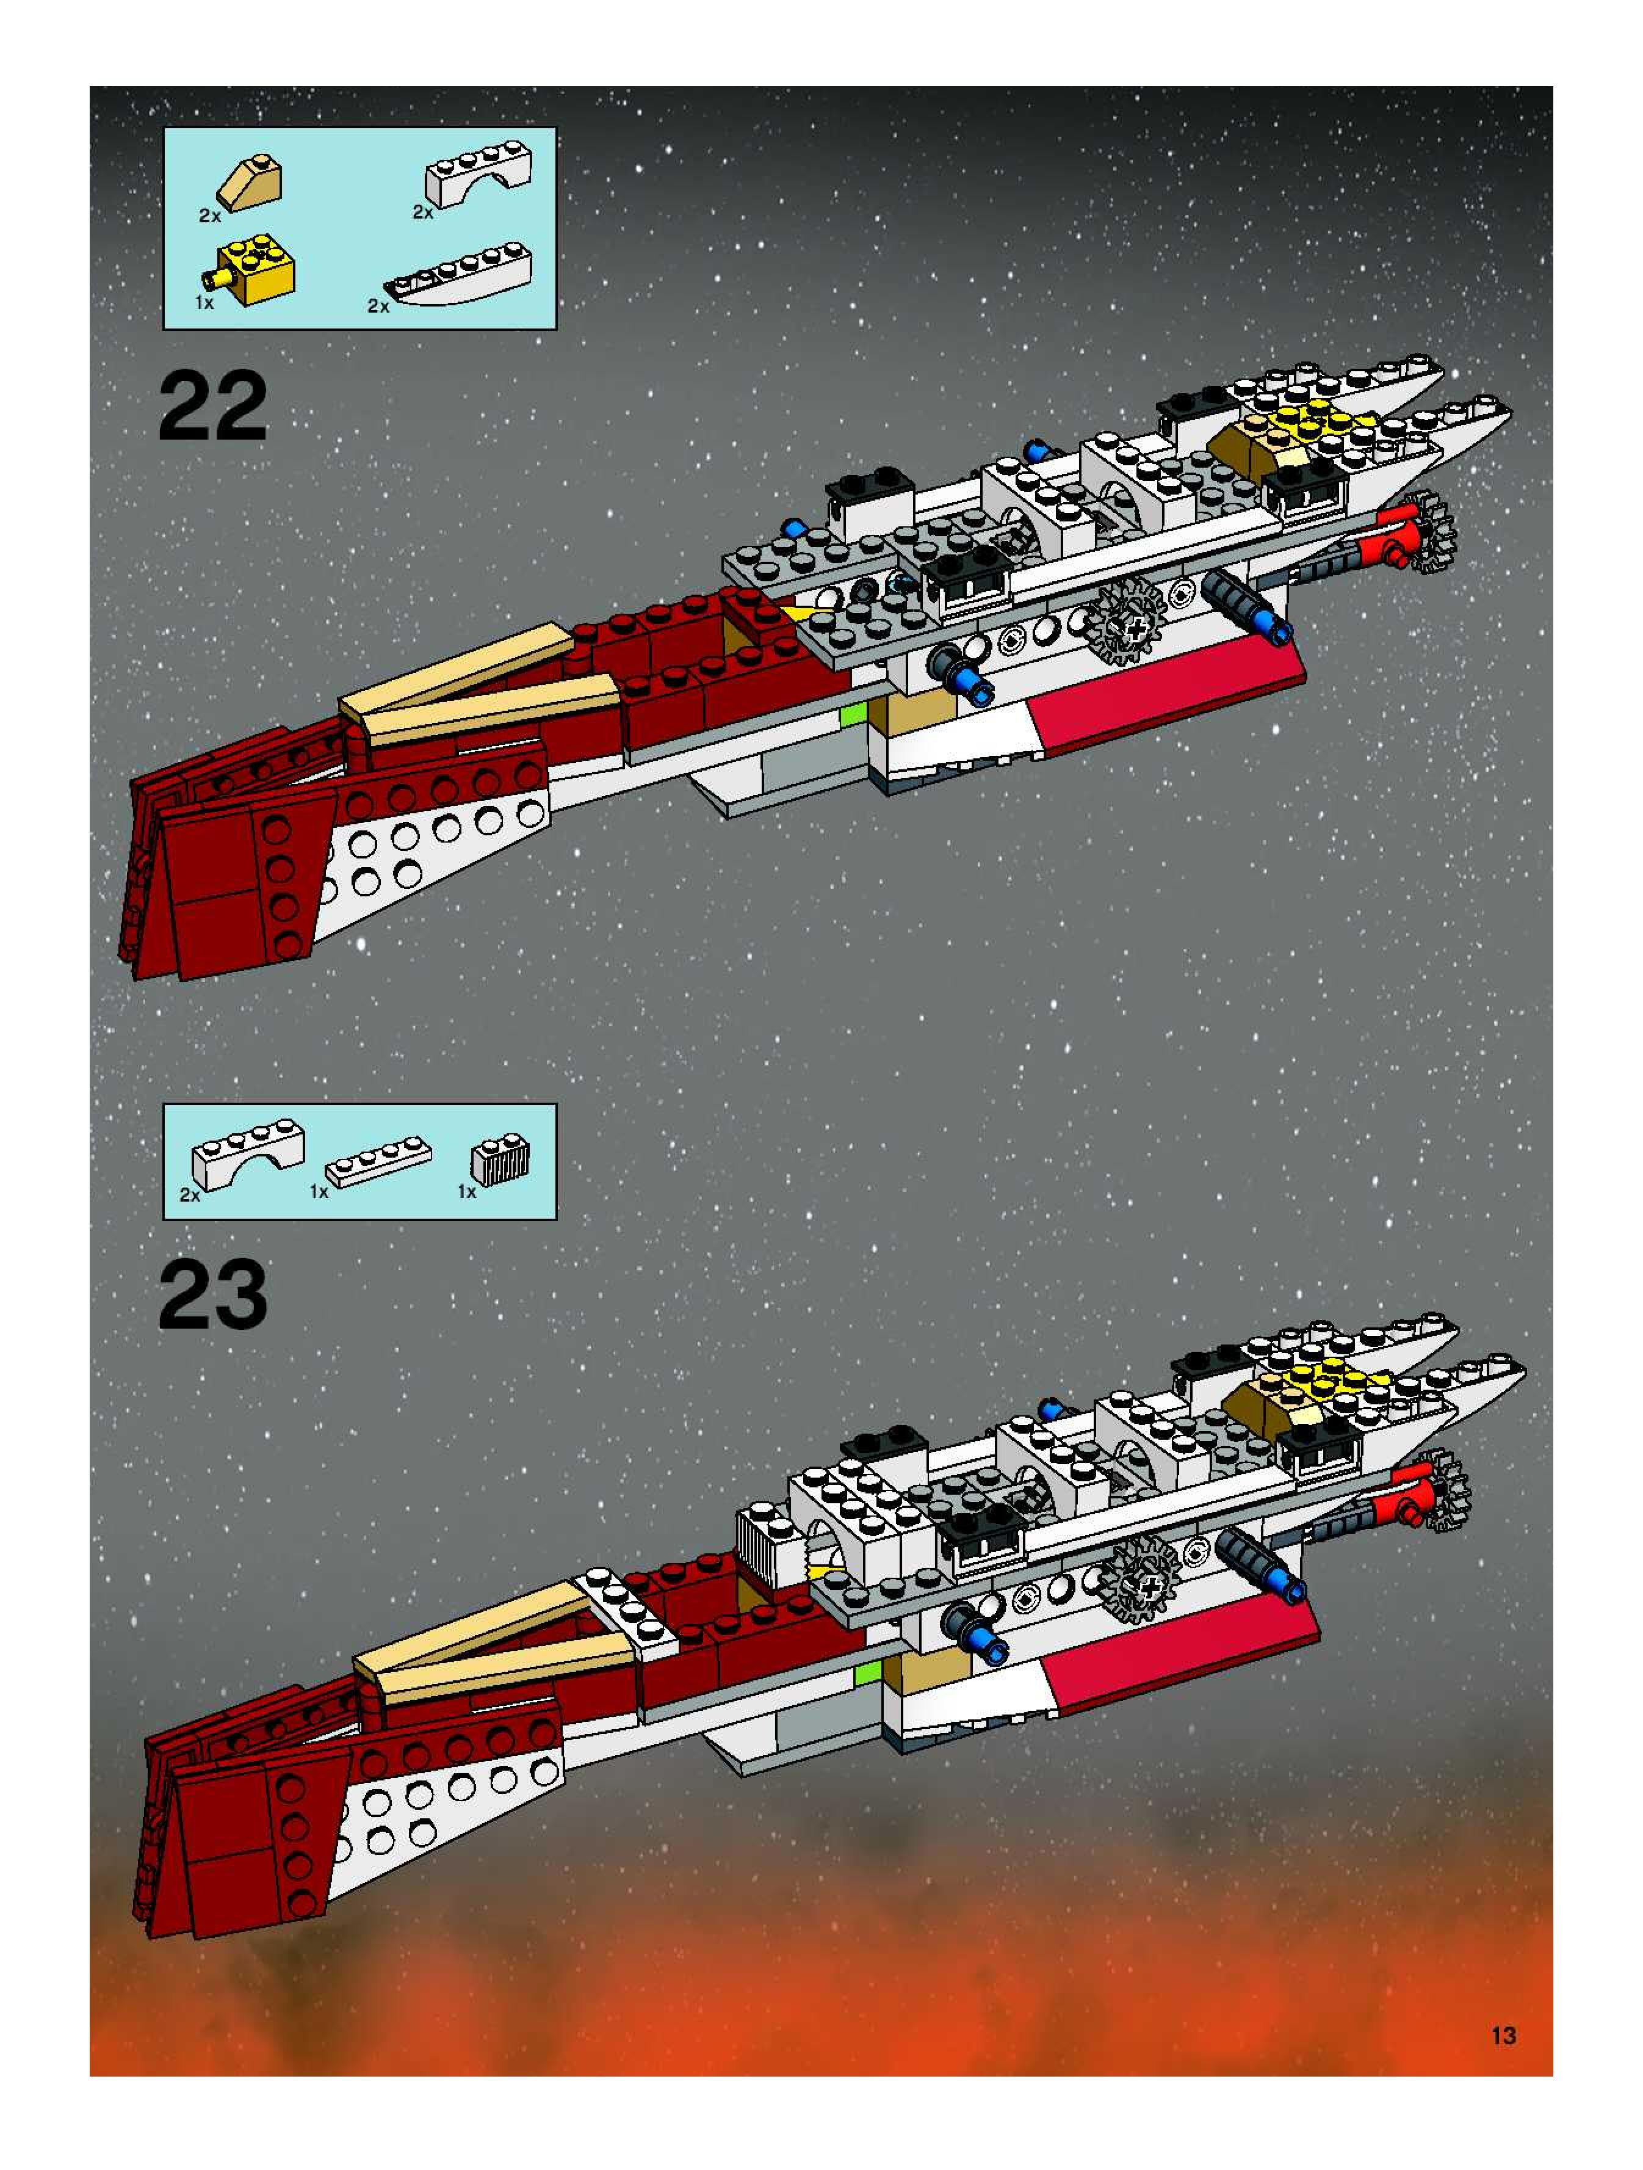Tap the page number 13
(1503, 2036)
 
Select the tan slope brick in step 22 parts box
(251, 183)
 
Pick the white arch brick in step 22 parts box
(478, 175)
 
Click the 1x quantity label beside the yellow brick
(204, 303)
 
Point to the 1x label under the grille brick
(467, 1192)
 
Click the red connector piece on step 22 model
(1398, 537)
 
